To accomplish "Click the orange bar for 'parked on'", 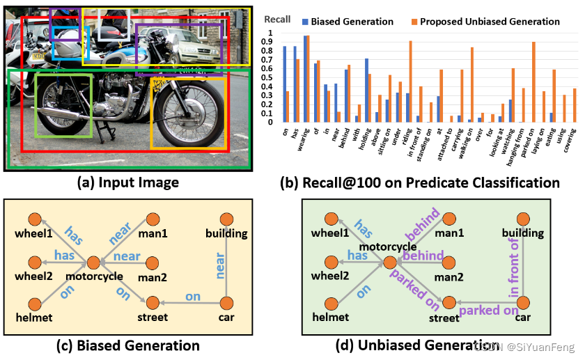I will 533,82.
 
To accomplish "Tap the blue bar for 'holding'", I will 366,91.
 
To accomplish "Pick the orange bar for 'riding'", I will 410,81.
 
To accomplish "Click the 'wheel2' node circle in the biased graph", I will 36,263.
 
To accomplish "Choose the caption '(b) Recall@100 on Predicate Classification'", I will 419,183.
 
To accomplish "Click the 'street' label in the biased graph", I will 153,318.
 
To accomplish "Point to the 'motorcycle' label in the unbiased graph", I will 389,246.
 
